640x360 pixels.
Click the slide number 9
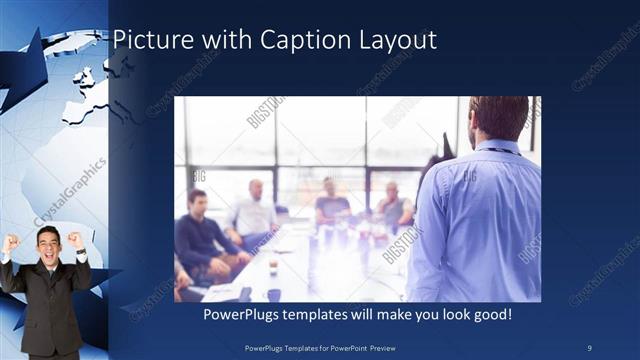pos(590,346)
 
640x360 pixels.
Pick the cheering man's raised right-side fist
pos(75,240)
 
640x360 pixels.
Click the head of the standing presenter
pos(497,118)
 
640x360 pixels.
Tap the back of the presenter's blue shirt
pos(475,215)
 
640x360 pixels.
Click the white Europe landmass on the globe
pos(84,95)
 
